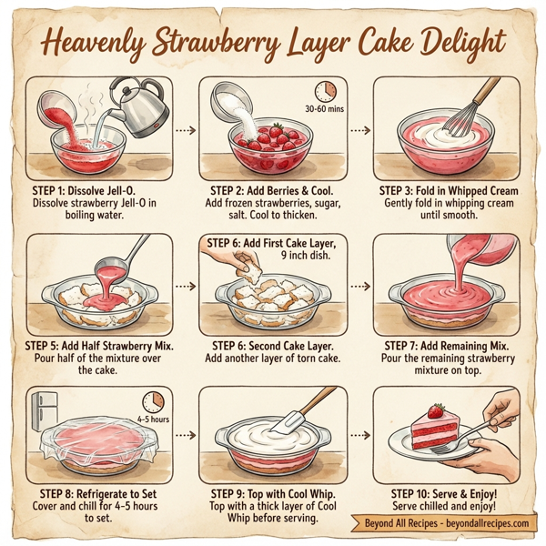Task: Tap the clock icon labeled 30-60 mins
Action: [x=324, y=91]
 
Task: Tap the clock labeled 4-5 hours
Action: [x=152, y=403]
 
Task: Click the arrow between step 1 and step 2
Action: [x=186, y=130]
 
